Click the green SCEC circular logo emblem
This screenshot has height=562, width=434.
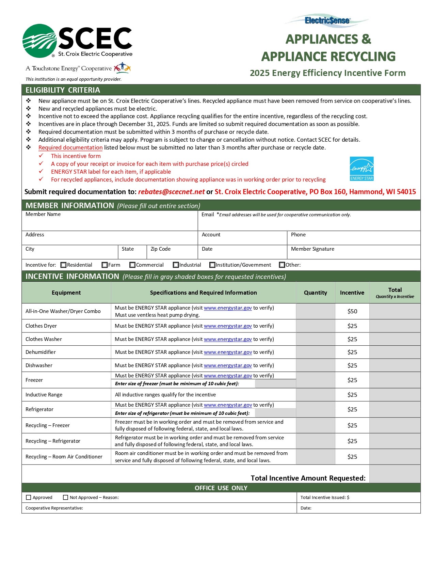click(39, 41)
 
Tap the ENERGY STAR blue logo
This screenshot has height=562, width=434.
click(361, 169)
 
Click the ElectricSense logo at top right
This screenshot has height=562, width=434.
click(327, 21)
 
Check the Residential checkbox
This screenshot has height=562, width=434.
click(63, 265)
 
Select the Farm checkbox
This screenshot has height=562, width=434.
click(105, 265)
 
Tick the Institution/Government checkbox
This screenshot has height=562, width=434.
click(212, 265)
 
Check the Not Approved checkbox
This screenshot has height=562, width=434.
click(66, 498)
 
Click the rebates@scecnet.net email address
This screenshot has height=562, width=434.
click(171, 192)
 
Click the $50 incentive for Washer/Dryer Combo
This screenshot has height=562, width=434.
click(352, 311)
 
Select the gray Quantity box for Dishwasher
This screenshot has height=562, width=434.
click(315, 365)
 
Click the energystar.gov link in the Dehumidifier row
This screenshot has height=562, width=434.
click(228, 352)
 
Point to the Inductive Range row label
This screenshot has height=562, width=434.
click(44, 395)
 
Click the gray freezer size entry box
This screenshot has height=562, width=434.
click(275, 384)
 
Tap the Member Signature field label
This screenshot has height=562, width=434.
click(312, 249)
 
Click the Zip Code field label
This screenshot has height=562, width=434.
click(161, 249)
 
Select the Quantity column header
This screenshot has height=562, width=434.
click(315, 293)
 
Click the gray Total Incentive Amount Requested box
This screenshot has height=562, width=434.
click(395, 474)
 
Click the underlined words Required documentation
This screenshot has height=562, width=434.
click(70, 148)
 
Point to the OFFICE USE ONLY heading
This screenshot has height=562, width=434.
click(221, 488)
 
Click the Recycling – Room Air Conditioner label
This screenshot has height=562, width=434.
click(64, 457)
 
